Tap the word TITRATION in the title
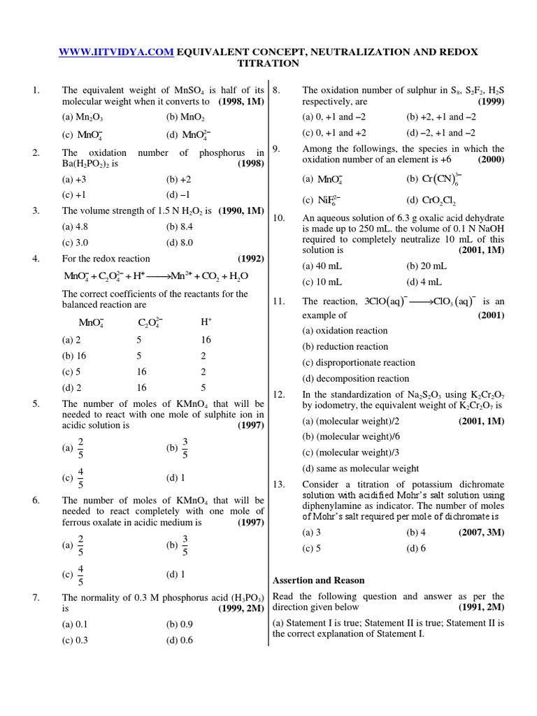click(x=268, y=64)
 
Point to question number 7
click(x=36, y=597)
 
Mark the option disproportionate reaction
click(x=358, y=362)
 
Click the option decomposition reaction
click(x=355, y=378)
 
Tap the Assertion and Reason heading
click(x=318, y=580)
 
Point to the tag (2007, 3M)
click(x=481, y=532)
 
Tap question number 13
click(x=279, y=484)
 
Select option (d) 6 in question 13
click(x=415, y=548)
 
